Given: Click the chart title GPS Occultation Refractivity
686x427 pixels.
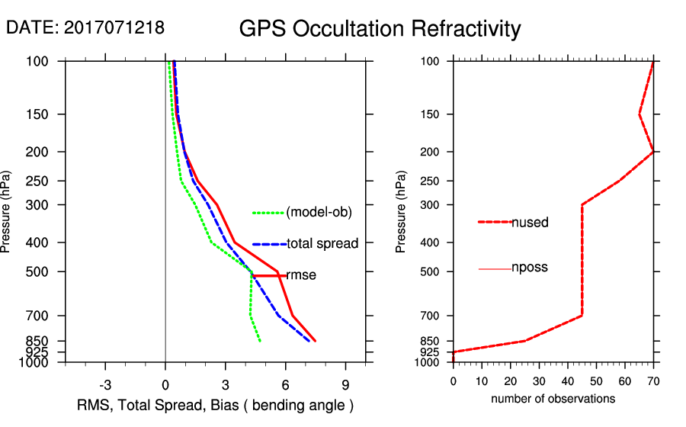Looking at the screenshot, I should point(380,29).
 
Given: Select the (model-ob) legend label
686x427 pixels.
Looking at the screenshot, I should point(319,212).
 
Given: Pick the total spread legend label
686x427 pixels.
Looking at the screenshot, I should point(322,243).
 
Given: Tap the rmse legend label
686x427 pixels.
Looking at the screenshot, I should point(301,275).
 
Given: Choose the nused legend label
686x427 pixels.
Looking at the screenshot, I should point(530,222).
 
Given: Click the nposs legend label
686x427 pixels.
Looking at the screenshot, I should point(530,268).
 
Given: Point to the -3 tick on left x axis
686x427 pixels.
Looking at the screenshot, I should point(105,384).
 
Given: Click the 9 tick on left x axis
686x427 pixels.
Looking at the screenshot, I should point(345,384).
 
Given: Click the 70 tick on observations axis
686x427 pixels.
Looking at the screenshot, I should point(653,380).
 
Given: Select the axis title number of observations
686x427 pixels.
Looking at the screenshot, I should point(553,399).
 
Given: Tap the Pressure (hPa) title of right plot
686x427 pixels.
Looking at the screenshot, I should point(401,212).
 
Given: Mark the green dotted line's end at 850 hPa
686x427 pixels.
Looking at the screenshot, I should point(260,341).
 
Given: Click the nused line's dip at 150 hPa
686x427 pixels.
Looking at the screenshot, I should point(639,114).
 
